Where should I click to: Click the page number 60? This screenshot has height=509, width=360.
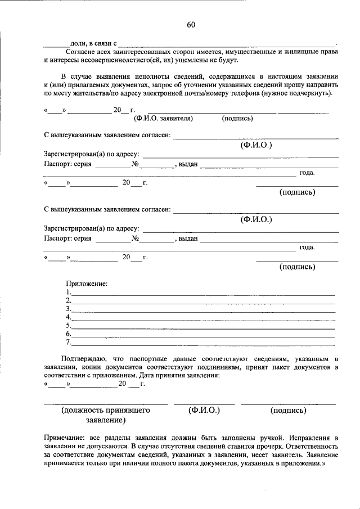tap(191, 25)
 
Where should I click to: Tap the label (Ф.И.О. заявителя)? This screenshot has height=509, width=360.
tap(163, 119)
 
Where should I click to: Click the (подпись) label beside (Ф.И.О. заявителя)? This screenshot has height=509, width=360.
tap(237, 119)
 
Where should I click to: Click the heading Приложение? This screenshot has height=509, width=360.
tap(87, 283)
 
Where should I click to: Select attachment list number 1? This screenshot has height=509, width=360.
tap(68, 292)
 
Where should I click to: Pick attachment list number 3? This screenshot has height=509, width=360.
tap(68, 309)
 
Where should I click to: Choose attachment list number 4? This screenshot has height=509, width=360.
tap(68, 317)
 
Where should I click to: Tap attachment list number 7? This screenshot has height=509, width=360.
tap(68, 342)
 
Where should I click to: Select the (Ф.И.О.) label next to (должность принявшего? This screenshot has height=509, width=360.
tap(204, 411)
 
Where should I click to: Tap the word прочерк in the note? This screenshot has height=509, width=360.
tap(226, 445)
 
